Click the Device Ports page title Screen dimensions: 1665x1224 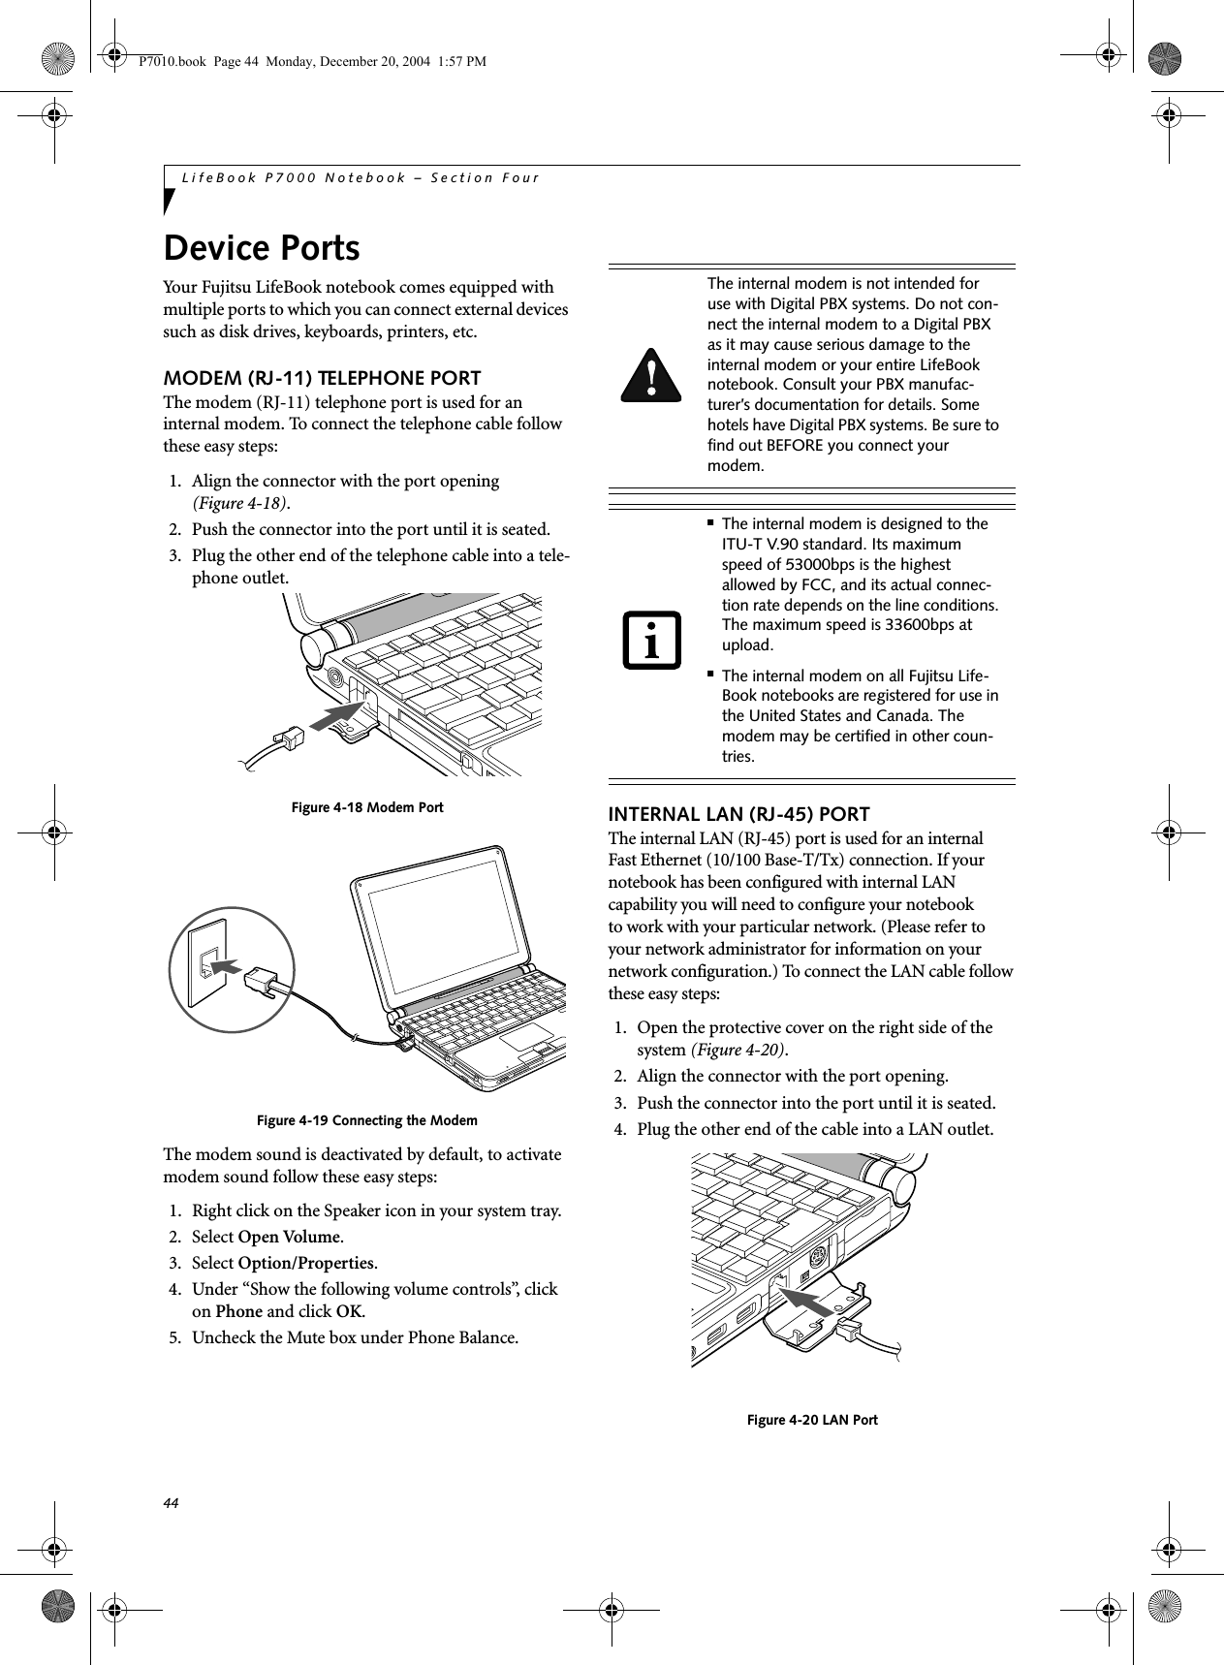262,248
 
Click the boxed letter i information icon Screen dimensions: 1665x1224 652,641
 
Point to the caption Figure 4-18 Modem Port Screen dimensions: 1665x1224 365,807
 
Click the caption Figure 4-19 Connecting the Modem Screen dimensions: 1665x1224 366,1121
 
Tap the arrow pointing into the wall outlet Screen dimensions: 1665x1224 227,966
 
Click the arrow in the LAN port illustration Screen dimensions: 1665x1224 808,1302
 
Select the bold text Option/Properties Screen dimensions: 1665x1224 307,1264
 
